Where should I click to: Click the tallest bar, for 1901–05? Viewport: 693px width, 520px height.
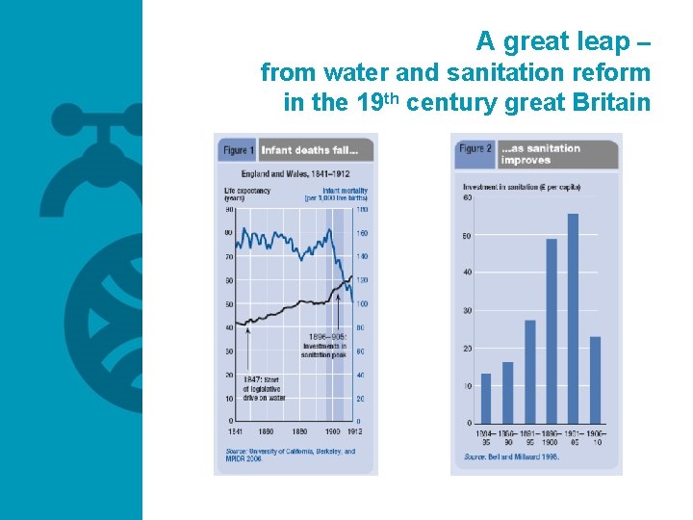pos(573,318)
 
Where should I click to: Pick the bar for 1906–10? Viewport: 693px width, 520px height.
pos(595,379)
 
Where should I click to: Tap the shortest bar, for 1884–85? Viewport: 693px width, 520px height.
pos(486,398)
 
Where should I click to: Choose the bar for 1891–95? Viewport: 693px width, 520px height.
pos(529,371)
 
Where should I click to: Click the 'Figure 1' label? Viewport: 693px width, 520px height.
pos(238,150)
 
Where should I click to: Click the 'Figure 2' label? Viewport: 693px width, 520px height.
pos(475,148)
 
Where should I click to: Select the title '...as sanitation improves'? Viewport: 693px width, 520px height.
pos(540,154)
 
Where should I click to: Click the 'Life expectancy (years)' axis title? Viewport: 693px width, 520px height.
pos(247,194)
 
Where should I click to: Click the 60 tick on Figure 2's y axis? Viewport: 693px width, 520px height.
pos(468,198)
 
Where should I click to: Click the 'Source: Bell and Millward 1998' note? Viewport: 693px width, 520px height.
pos(510,456)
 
